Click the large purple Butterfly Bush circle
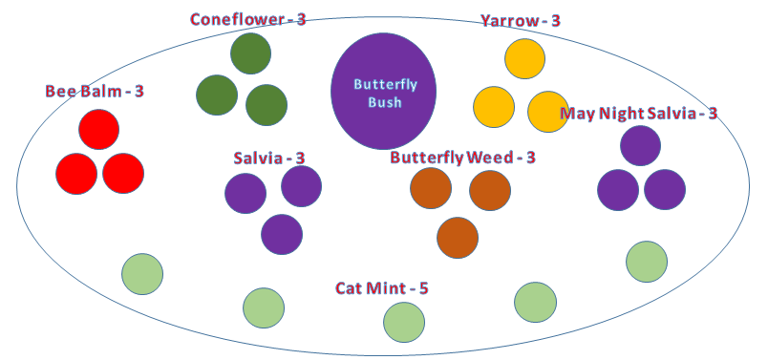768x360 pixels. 383,91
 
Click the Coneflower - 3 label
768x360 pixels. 247,19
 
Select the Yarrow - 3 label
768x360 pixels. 521,20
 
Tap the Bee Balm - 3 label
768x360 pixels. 95,91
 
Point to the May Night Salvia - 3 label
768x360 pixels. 638,114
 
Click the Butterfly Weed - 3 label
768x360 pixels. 462,157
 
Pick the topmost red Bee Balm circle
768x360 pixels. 99,130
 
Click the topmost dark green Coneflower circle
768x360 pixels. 250,53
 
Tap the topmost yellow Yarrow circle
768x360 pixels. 525,59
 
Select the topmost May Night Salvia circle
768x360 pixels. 640,145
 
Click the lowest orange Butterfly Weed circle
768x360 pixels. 458,238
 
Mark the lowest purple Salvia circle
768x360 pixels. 282,234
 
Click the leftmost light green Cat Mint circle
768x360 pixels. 142,274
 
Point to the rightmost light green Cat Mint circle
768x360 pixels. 647,262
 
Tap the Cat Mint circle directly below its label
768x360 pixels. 404,322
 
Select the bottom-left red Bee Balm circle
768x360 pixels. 76,174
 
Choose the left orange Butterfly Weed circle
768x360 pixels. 431,188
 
